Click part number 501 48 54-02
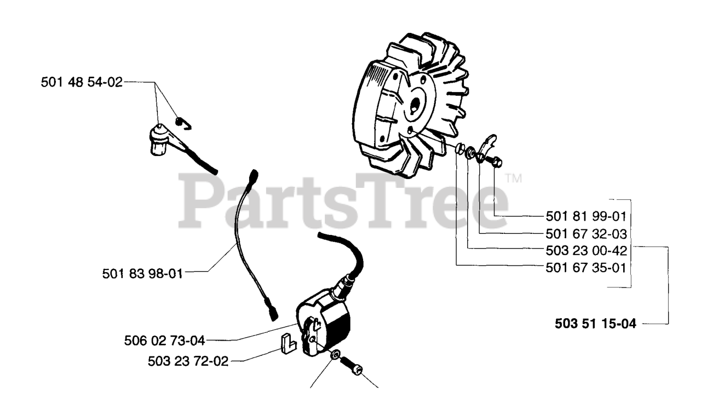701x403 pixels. (82, 83)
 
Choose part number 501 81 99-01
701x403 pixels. (586, 216)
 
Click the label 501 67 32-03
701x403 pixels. (586, 234)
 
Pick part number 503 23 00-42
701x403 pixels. (586, 250)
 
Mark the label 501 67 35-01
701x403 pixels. (586, 268)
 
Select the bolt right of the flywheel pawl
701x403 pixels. (496, 161)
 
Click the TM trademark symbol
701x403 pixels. (513, 179)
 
